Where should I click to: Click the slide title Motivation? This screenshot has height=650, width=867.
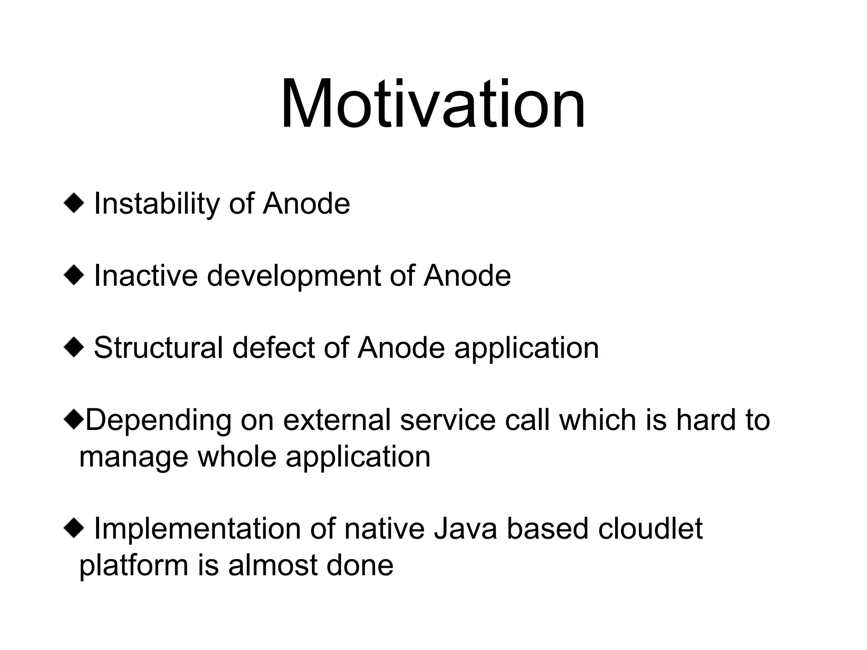click(x=433, y=104)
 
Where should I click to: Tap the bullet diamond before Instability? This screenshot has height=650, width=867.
click(x=74, y=204)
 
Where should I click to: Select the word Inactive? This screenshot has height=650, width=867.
click(x=145, y=276)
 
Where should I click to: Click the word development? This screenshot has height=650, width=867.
click(x=293, y=276)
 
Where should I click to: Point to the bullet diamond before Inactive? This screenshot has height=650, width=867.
click(x=74, y=276)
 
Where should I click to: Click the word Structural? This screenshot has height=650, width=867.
click(x=158, y=348)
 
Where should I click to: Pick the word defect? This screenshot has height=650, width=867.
click(x=273, y=348)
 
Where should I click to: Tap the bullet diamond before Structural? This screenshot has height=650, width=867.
click(x=74, y=348)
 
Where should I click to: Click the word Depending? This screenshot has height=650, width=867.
click(x=158, y=421)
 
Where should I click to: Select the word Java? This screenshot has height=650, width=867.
click(x=465, y=529)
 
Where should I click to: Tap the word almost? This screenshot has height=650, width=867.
click(x=273, y=566)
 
